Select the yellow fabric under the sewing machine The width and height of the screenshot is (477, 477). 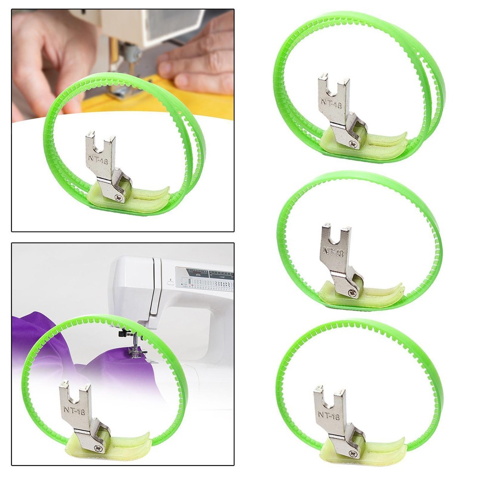(x=209, y=104)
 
